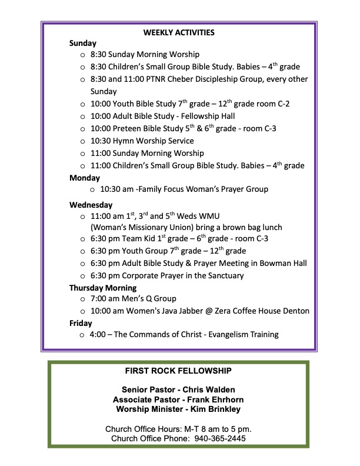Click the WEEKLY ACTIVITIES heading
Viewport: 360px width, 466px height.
tap(179, 32)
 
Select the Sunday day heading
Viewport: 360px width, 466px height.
tap(83, 43)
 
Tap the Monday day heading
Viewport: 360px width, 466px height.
tap(85, 178)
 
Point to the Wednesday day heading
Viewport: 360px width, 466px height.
tap(91, 205)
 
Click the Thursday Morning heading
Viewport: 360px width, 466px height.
tap(103, 288)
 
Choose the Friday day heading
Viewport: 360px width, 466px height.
tap(81, 323)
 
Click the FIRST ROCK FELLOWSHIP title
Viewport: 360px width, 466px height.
tap(178, 371)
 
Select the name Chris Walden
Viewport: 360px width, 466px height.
tap(208, 390)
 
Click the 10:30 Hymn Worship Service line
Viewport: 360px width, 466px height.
tap(142, 141)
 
